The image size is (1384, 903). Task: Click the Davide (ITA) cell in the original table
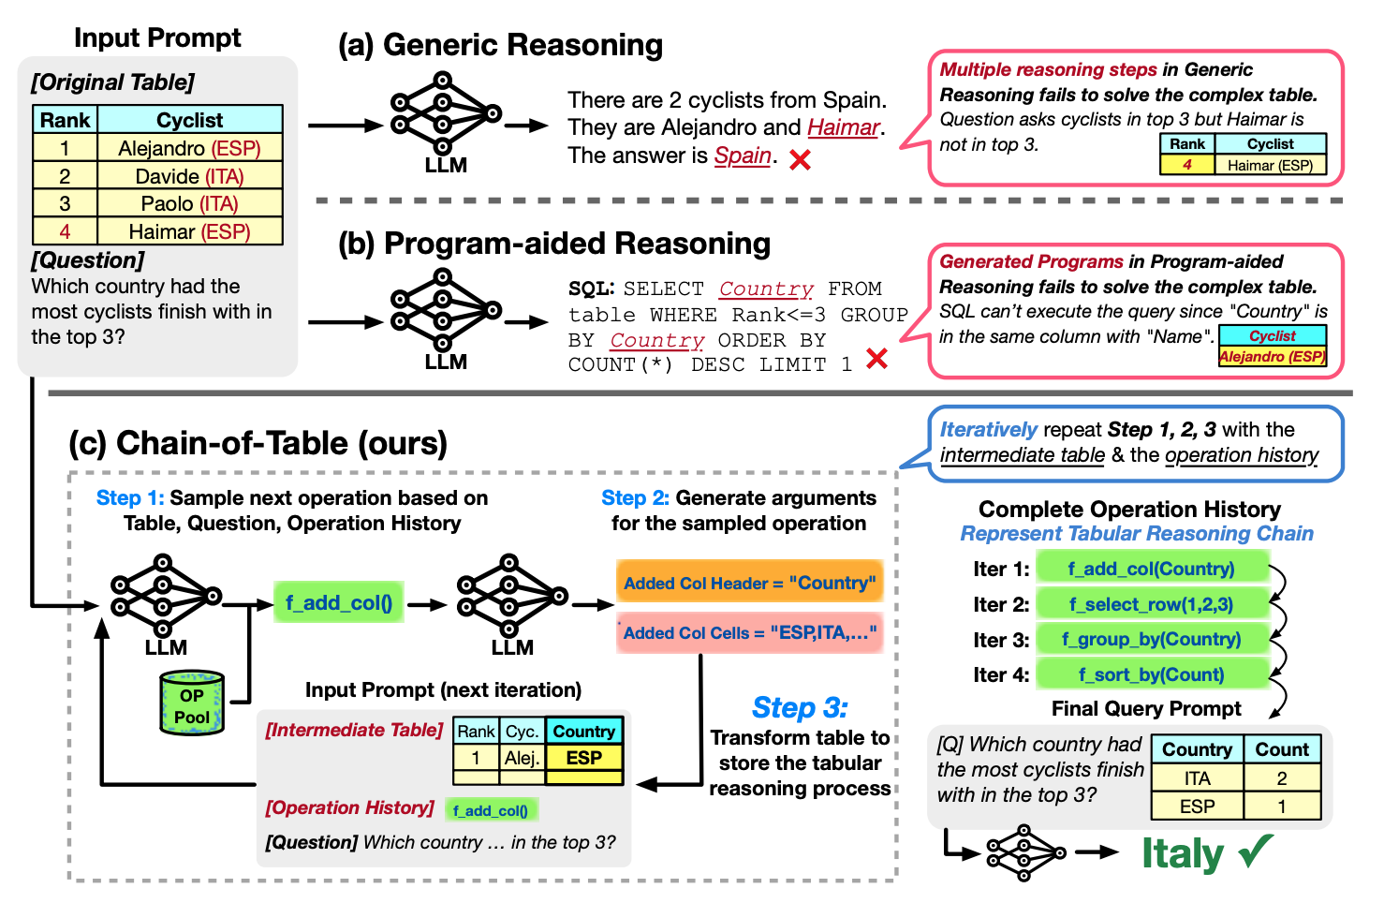coord(189,176)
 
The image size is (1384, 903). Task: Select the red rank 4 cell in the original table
coord(65,231)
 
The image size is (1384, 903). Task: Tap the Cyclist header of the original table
coord(189,120)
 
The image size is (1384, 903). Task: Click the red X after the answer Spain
coord(800,160)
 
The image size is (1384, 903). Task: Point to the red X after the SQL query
coord(876,359)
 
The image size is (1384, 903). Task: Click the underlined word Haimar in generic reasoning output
coord(843,127)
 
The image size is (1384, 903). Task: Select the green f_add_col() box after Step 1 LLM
coord(338,602)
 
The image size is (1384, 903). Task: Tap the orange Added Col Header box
coord(749,583)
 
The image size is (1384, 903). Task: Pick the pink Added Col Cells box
coord(749,633)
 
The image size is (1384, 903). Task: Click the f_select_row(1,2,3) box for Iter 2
coord(1151,604)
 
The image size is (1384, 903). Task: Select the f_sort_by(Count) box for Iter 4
coord(1151,674)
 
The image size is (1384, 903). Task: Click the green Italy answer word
coord(1183,853)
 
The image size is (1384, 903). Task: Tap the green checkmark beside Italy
coord(1256,850)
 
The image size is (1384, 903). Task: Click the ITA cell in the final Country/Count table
coord(1197,778)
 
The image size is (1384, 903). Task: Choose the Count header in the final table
coord(1281,749)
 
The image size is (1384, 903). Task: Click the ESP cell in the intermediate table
coord(583,758)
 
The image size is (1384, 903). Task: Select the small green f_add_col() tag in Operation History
coord(491,810)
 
